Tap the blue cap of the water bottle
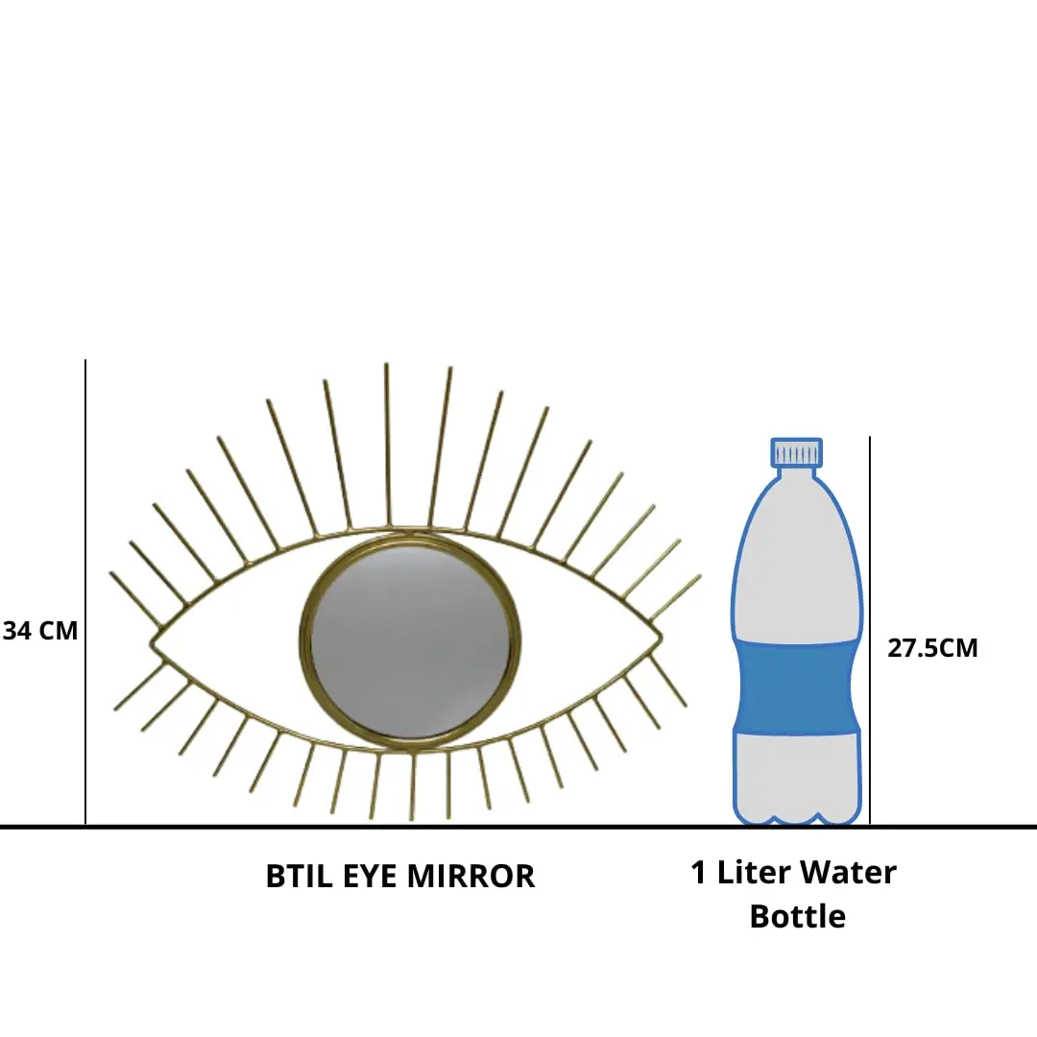(796, 451)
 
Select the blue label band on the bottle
(796, 686)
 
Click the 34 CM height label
(40, 631)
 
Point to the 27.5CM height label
(932, 647)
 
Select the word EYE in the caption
(370, 877)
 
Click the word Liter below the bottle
(755, 873)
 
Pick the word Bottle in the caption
(797, 916)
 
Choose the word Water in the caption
(849, 873)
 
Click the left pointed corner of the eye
(154, 640)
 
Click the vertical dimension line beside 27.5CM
(870, 576)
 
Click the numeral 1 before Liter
(699, 873)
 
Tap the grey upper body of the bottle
(796, 567)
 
